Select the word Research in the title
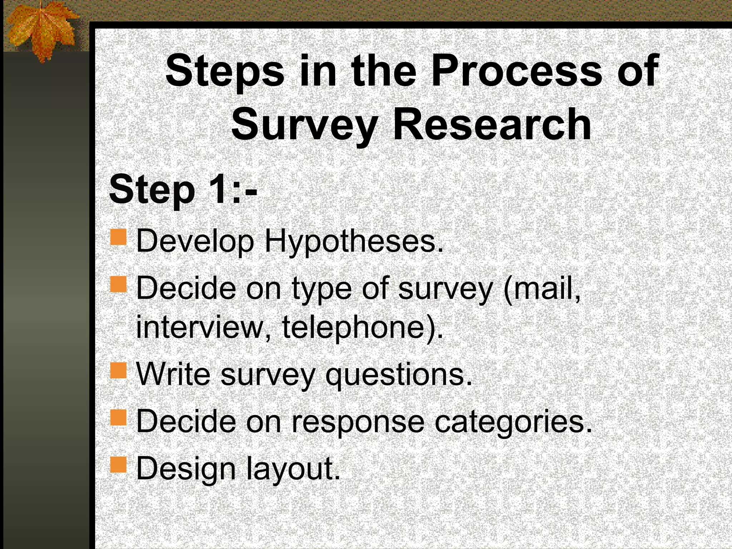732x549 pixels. click(x=492, y=124)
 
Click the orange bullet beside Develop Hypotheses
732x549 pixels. click(x=118, y=237)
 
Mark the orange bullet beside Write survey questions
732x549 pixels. click(x=118, y=370)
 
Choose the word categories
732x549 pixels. click(x=513, y=422)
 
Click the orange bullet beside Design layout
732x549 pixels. click(x=118, y=465)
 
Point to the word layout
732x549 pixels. click(x=293, y=469)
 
